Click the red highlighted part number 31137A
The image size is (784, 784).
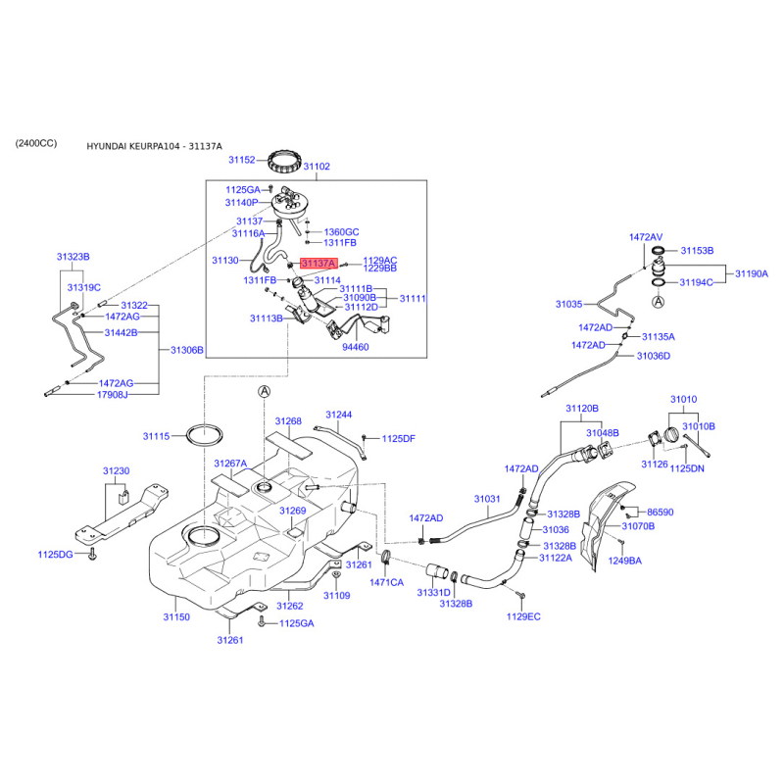point(318,264)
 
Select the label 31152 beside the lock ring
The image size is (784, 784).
point(242,159)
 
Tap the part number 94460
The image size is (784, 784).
point(355,347)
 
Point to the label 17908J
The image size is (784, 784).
point(112,395)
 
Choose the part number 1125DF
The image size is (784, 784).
point(399,438)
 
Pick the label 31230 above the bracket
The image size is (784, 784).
point(116,471)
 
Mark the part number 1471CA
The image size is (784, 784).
point(386,582)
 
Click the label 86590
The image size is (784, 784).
point(661,512)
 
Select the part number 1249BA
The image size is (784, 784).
point(624,561)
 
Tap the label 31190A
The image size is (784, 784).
point(753,273)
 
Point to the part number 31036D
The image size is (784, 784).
point(653,356)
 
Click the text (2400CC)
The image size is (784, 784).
point(36,143)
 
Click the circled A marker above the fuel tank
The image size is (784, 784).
point(263,391)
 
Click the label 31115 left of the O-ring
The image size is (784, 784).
point(156,435)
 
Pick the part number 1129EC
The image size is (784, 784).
point(523,616)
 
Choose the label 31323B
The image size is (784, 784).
point(73,256)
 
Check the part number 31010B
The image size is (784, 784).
point(699,426)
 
